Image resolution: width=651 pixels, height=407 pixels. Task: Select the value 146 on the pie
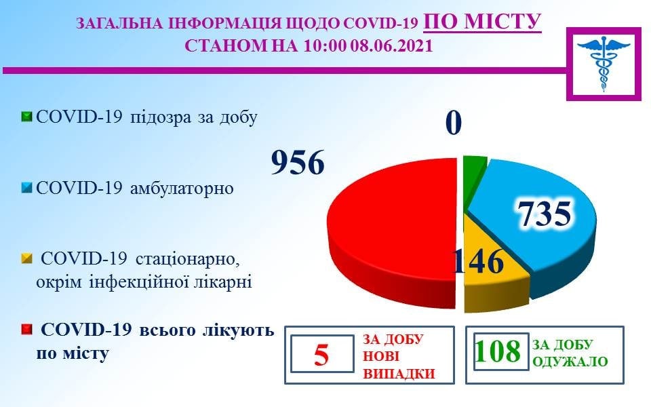coord(477,262)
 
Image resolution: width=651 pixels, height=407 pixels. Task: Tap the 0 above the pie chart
coord(454,123)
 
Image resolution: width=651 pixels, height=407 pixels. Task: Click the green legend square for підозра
coord(26,117)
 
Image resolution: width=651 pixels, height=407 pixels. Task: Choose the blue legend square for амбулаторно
coord(26,188)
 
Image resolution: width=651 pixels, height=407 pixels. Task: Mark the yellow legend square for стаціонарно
coord(26,259)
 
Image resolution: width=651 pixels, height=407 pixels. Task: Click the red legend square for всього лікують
coord(26,330)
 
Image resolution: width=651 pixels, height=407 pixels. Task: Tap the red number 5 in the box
coord(321,355)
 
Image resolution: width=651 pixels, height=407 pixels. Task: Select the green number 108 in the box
coord(497,351)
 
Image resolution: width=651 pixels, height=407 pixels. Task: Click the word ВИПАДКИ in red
coord(399,374)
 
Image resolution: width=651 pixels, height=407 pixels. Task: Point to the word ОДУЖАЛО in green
coord(570,362)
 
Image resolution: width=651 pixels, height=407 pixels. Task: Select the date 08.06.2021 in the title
coord(391,45)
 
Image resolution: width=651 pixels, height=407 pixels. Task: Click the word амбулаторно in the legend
coord(182,188)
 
